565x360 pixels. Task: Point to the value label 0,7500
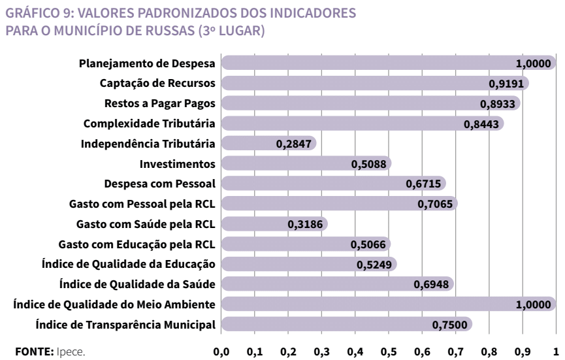[451, 325]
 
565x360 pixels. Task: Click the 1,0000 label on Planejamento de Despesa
[534, 63]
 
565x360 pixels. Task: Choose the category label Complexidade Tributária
[150, 123]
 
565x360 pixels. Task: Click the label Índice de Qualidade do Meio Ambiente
[115, 304]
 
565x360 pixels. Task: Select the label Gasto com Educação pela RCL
[137, 244]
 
